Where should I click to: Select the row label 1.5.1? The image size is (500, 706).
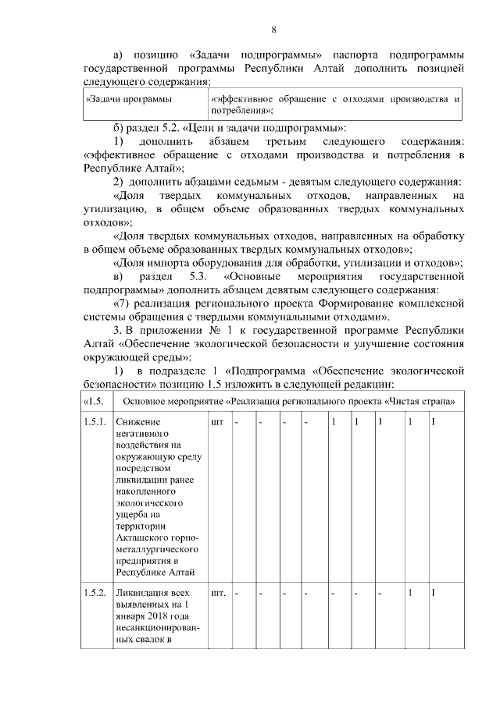pyautogui.click(x=94, y=422)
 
